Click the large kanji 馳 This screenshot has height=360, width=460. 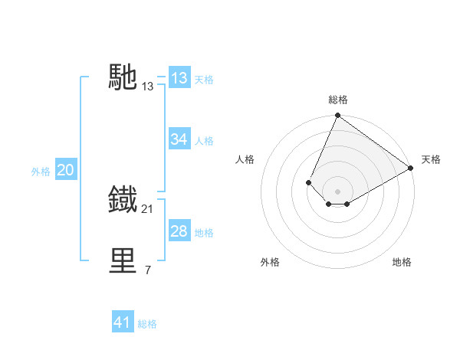(123, 77)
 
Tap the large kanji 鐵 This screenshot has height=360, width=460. (123, 199)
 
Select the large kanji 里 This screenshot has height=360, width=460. (123, 261)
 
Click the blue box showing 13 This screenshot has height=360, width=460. (179, 78)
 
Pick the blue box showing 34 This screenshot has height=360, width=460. (179, 139)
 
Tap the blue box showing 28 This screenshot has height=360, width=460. (179, 231)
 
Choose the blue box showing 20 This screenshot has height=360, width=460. (65, 170)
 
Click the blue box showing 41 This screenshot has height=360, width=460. (123, 322)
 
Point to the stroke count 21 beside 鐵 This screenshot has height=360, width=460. (148, 209)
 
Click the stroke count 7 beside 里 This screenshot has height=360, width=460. (148, 270)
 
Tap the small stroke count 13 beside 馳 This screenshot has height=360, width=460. (148, 87)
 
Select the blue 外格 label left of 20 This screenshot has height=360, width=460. (41, 172)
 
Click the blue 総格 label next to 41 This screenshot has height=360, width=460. (147, 324)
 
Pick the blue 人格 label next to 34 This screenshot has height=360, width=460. (204, 141)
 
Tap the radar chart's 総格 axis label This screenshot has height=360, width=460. (338, 100)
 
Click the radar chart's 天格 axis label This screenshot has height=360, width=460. (431, 159)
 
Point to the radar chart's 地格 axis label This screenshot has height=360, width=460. (402, 262)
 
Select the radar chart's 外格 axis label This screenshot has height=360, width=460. (270, 262)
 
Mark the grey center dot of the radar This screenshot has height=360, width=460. (337, 191)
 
